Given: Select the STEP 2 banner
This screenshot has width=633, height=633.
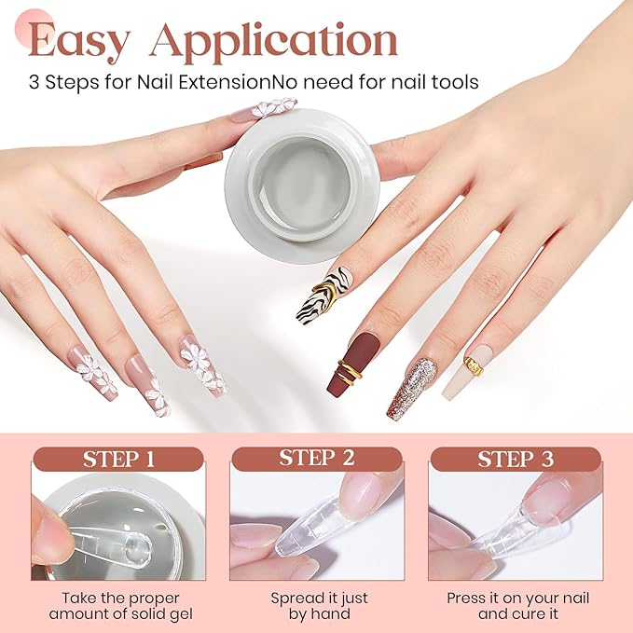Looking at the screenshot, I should pos(316,459).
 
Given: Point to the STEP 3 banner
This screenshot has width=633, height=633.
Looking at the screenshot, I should pos(516,459).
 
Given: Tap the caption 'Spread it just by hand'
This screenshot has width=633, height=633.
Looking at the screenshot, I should pos(317,605).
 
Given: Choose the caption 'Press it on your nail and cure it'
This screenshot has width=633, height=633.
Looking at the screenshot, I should pos(516,605).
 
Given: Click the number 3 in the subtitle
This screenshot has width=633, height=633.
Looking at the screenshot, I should pos(34,82).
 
